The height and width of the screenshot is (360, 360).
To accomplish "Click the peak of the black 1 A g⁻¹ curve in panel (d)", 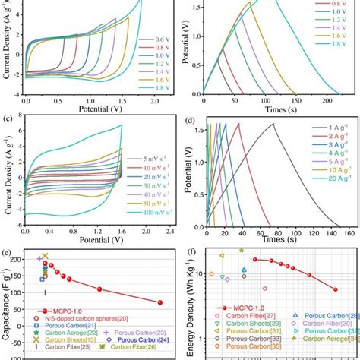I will (294, 124).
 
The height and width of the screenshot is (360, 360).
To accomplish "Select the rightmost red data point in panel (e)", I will (160, 302).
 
